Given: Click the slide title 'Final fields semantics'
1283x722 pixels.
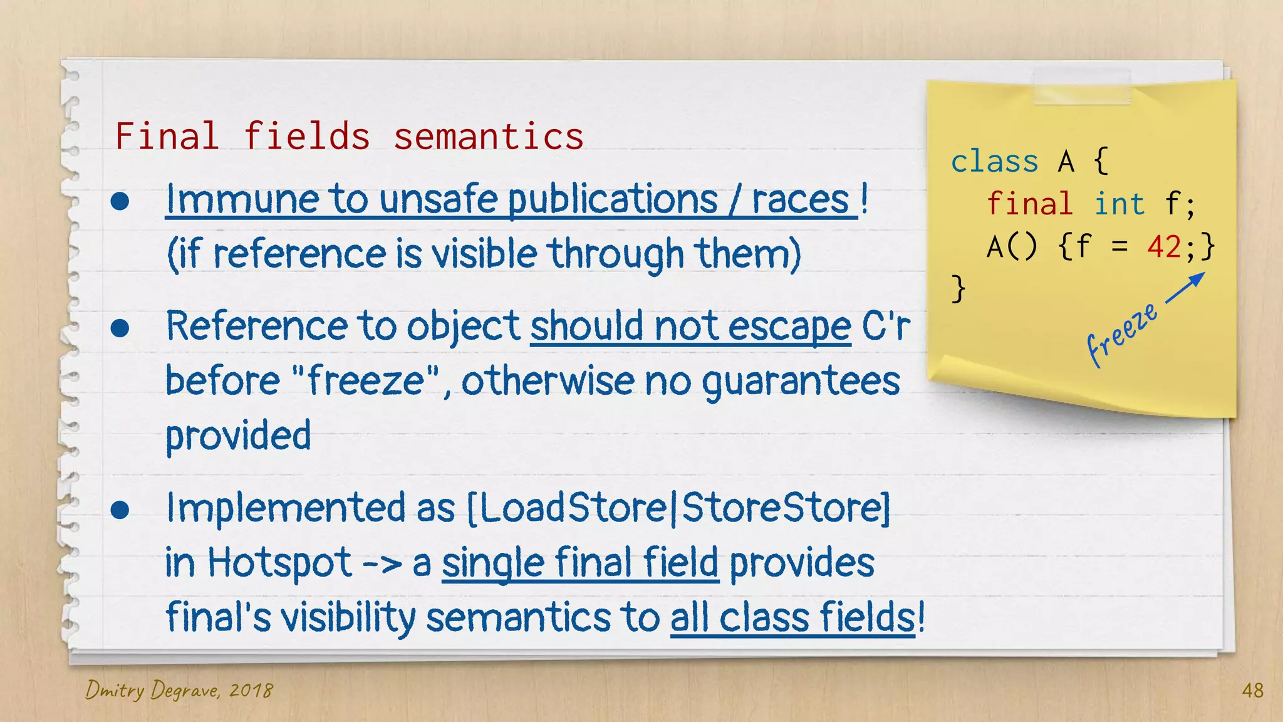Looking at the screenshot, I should pyautogui.click(x=349, y=137).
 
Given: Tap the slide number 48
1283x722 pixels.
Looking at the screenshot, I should pyautogui.click(x=1252, y=691).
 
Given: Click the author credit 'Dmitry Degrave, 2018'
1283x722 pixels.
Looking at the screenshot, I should pyautogui.click(x=179, y=691).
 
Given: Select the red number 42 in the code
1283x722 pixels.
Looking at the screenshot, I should pyautogui.click(x=1164, y=246).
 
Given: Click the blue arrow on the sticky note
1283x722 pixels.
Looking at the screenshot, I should pyautogui.click(x=1185, y=289).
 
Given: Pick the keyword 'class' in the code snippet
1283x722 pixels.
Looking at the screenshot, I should pyautogui.click(x=994, y=162).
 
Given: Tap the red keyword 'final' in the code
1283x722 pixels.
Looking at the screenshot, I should pyautogui.click(x=1029, y=204).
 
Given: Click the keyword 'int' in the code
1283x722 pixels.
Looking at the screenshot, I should pyautogui.click(x=1119, y=204).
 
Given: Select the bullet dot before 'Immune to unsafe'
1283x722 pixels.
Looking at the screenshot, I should pyautogui.click(x=120, y=202).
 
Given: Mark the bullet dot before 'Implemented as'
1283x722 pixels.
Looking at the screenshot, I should pyautogui.click(x=120, y=510).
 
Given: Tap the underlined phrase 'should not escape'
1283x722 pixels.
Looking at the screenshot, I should pyautogui.click(x=690, y=327).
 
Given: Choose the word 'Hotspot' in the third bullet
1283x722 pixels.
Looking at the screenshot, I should pyautogui.click(x=279, y=563).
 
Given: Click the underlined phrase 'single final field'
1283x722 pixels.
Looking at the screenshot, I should pyautogui.click(x=580, y=563).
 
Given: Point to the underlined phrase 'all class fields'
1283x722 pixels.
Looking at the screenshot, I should pyautogui.click(x=792, y=617).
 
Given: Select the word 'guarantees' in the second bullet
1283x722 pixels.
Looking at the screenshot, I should pyautogui.click(x=801, y=382).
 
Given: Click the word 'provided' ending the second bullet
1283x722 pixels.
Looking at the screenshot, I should pyautogui.click(x=238, y=436).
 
